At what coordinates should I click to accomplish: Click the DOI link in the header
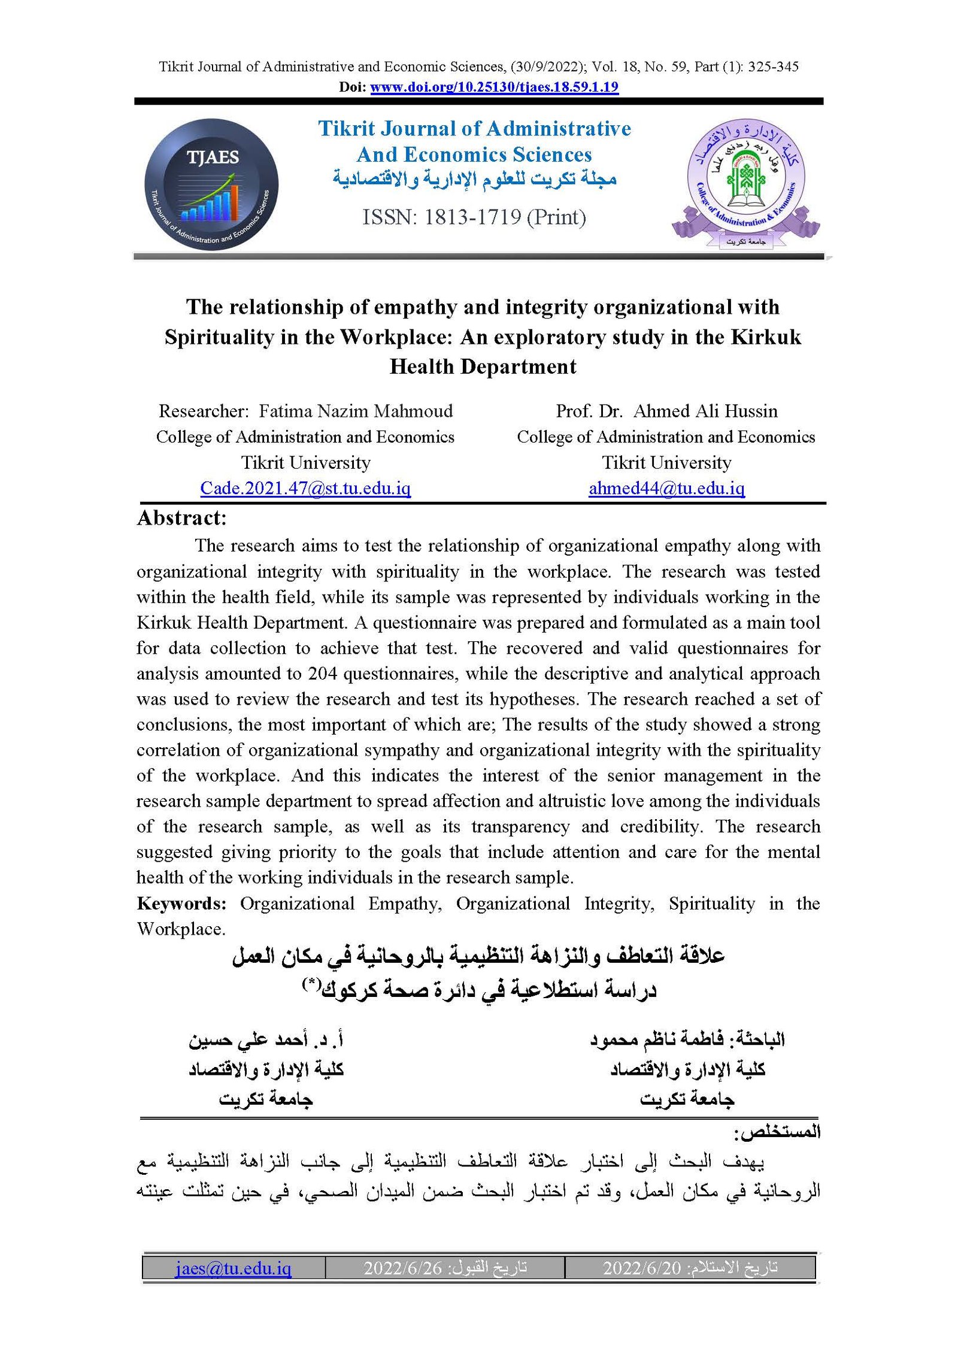pos(494,87)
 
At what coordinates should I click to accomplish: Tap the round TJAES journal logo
pos(211,184)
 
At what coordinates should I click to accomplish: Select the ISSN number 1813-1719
pos(472,217)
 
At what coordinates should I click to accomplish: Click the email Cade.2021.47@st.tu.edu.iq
pos(305,489)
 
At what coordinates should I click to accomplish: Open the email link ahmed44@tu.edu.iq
pos(666,489)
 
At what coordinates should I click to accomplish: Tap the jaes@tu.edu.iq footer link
pos(234,1268)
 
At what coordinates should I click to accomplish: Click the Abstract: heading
pos(182,518)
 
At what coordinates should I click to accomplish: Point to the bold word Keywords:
pos(181,903)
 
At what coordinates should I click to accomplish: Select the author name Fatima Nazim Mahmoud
pos(356,411)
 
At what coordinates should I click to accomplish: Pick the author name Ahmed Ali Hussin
pos(705,411)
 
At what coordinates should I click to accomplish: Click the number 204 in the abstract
pos(322,674)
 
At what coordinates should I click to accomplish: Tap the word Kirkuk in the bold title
pos(766,337)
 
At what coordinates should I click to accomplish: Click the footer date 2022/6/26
pos(402,1268)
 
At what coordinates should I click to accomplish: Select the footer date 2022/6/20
pos(642,1268)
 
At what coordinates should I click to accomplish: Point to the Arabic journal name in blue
pos(475,178)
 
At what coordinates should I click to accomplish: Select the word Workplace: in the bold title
pos(396,337)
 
